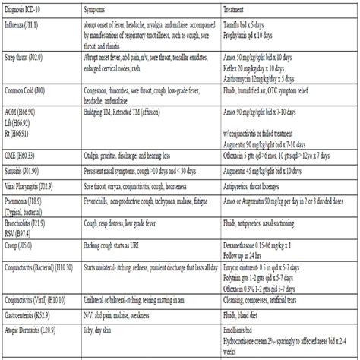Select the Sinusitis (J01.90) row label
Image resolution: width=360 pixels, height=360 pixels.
24,173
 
